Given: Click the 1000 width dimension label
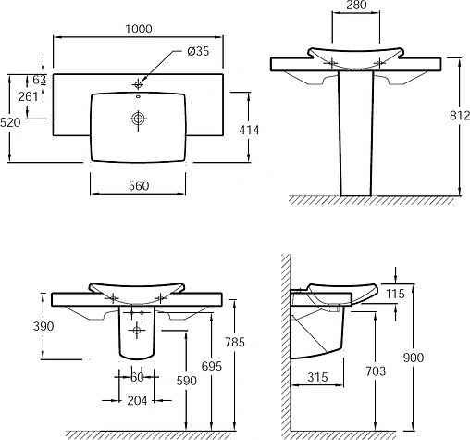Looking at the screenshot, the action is coord(139,29).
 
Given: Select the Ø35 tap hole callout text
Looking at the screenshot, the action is coord(198,51).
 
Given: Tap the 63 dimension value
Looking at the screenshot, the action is coord(40,80).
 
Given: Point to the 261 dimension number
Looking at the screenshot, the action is coord(28,96).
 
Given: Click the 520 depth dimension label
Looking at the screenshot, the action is coord(10,122).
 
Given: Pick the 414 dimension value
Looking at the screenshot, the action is coord(249,130).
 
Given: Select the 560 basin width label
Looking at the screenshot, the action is coord(139,186).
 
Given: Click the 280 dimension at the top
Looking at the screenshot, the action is coord(356,5).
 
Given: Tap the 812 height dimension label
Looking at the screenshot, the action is coord(460,116).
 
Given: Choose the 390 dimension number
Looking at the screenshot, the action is coord(43,326).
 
